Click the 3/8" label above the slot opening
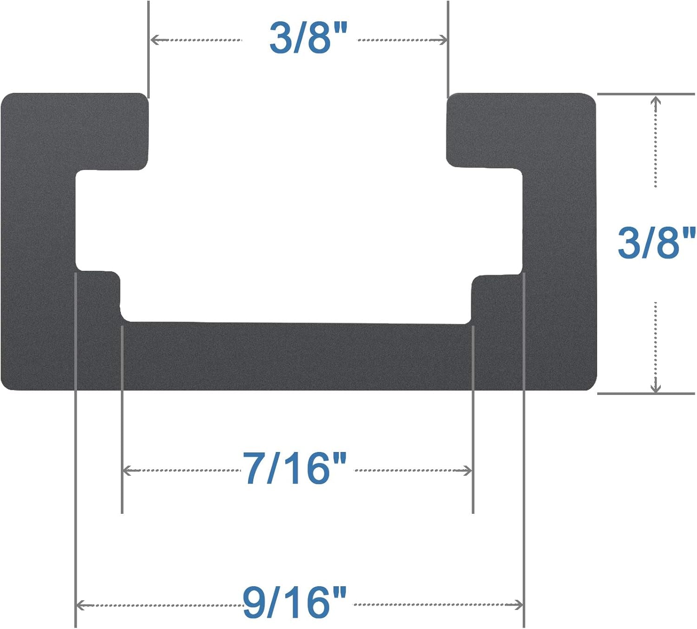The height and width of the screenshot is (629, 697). point(308,38)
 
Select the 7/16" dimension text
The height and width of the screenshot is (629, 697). point(295,468)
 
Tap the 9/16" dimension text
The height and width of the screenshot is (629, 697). point(295,603)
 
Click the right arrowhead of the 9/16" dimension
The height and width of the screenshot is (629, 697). point(519,605)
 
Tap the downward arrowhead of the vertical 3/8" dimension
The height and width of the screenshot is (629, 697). point(655,388)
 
